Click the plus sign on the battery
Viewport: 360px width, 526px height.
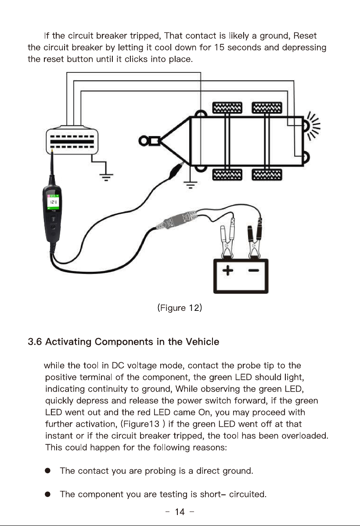click(227, 270)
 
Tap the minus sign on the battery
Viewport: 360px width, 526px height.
click(254, 270)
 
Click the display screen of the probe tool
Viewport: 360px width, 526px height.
click(54, 202)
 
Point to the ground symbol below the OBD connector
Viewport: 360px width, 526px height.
click(106, 176)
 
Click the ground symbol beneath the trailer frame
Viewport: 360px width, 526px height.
click(190, 184)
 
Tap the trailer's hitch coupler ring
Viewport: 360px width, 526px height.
click(143, 141)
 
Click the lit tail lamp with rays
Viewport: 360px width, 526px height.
click(310, 126)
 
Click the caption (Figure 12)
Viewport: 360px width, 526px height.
click(180, 308)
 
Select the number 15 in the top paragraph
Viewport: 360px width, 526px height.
click(219, 47)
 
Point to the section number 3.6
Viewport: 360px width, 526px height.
click(35, 342)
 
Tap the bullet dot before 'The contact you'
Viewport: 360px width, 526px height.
click(48, 471)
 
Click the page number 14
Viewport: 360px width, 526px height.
click(180, 512)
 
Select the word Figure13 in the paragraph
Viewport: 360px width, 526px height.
click(141, 424)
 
